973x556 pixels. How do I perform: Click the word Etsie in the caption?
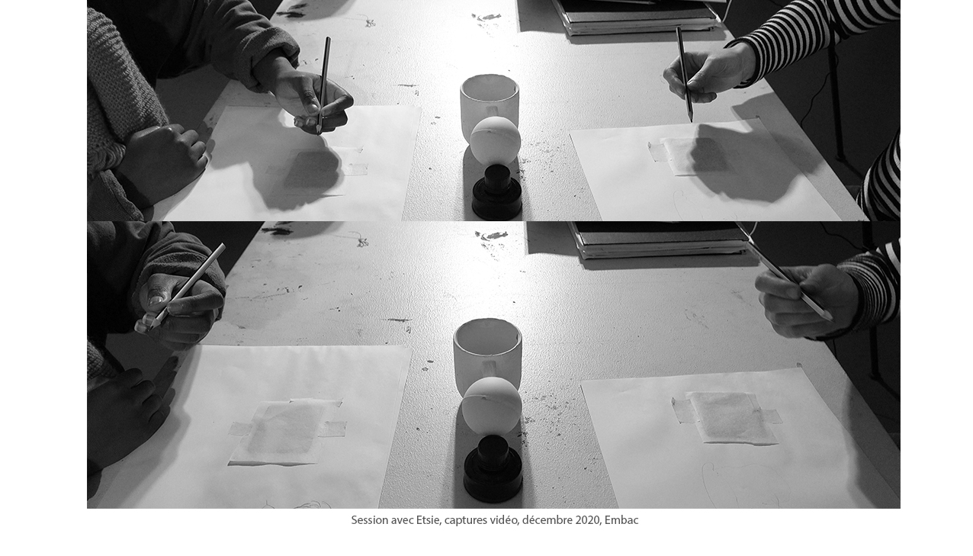click(x=428, y=520)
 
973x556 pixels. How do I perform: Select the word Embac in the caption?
click(x=621, y=520)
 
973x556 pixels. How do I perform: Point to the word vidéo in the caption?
click(x=504, y=520)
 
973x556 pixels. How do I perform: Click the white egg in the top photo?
click(x=495, y=141)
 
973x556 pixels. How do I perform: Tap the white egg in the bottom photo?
click(x=491, y=405)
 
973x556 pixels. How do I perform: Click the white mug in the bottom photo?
click(x=487, y=354)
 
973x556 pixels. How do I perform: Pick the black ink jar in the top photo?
click(x=497, y=193)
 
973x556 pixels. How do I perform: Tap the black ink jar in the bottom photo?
click(x=493, y=469)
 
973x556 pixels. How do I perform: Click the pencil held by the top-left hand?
click(x=323, y=85)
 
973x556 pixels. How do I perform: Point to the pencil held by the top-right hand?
click(x=684, y=74)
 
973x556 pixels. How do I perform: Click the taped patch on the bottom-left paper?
click(x=287, y=432)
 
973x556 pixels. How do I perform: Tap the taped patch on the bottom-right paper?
click(x=727, y=418)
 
